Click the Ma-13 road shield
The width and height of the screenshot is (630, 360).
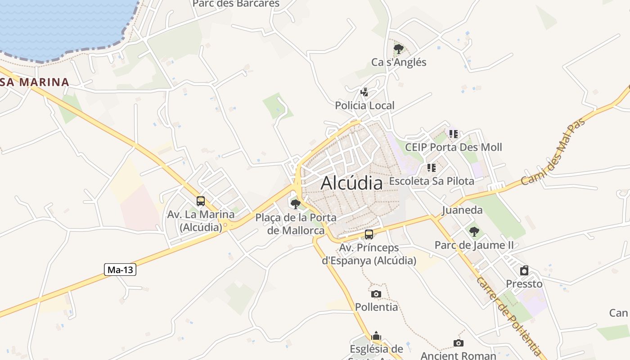pyautogui.click(x=120, y=270)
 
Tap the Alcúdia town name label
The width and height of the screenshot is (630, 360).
pyautogui.click(x=352, y=183)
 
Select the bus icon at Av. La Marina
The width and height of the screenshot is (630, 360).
pyautogui.click(x=201, y=201)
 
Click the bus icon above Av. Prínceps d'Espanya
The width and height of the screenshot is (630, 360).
pyautogui.click(x=369, y=234)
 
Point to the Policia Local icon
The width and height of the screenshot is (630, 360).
pyautogui.click(x=364, y=92)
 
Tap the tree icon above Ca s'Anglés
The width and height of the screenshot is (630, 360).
pyautogui.click(x=398, y=49)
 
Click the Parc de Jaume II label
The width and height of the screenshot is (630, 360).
pyautogui.click(x=474, y=245)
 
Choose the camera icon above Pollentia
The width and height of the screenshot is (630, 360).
pyautogui.click(x=376, y=294)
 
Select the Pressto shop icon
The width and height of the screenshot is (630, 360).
pyautogui.click(x=524, y=270)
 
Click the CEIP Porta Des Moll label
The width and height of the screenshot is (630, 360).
pyautogui.click(x=454, y=147)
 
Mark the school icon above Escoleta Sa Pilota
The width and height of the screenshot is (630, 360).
pyautogui.click(x=432, y=168)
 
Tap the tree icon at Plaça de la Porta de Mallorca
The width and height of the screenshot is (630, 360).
pyautogui.click(x=296, y=204)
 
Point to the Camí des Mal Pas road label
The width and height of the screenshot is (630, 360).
pyautogui.click(x=554, y=151)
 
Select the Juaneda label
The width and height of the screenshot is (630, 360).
pyautogui.click(x=462, y=210)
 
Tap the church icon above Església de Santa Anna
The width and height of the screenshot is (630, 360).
pyautogui.click(x=376, y=336)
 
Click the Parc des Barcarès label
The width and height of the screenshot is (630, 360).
pyautogui.click(x=236, y=4)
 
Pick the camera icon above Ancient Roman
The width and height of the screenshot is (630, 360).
pyautogui.click(x=459, y=343)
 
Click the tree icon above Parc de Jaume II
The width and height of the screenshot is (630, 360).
pyautogui.click(x=474, y=232)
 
